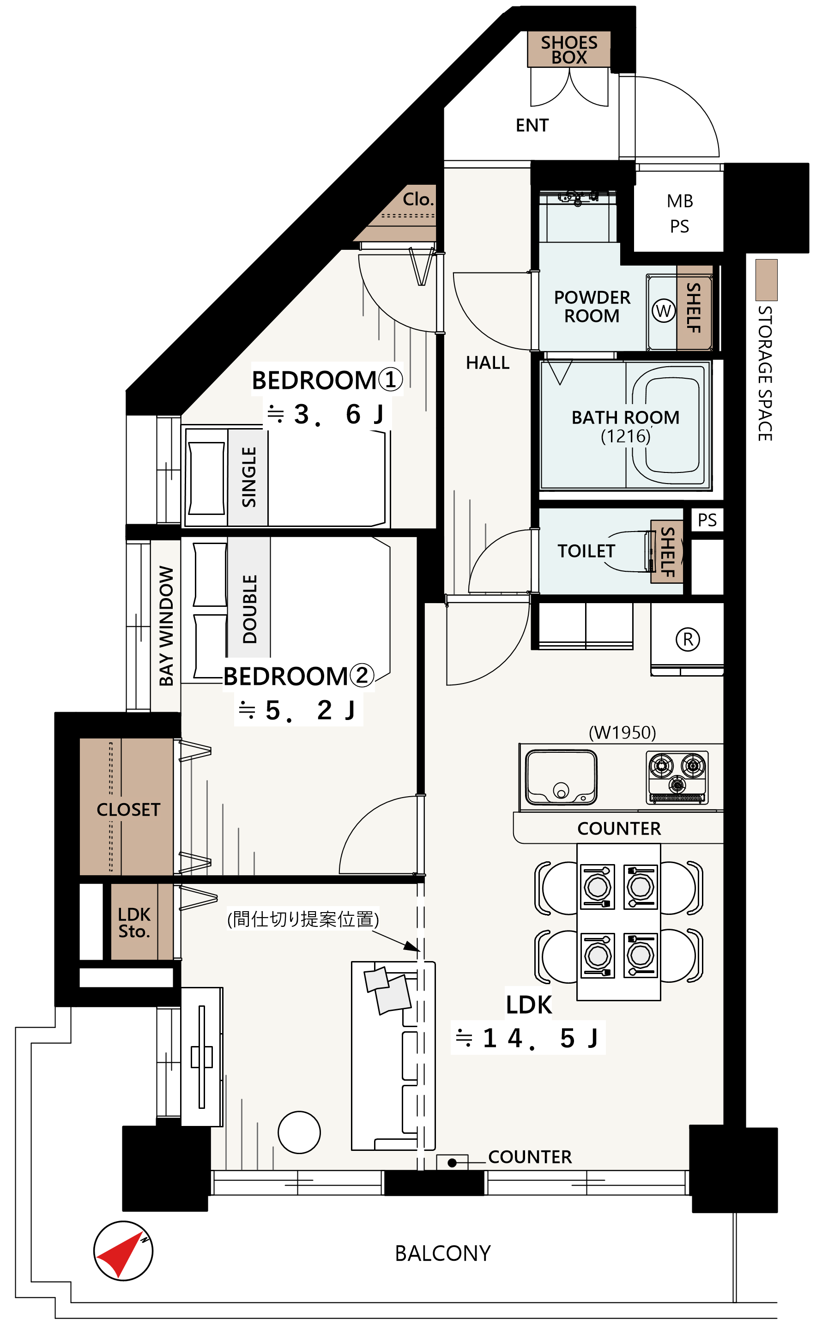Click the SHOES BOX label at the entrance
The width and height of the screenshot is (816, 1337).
568,49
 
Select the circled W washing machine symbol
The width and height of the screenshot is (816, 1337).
663,311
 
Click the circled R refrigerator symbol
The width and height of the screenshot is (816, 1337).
688,639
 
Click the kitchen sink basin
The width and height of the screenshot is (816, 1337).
561,777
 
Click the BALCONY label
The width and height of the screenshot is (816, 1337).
443,1253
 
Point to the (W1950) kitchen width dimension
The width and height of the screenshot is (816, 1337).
623,733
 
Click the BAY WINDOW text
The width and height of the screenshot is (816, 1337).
166,626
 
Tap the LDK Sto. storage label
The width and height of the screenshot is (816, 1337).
134,922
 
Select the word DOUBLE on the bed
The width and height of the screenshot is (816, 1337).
249,609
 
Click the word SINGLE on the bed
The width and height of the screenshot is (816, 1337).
248,477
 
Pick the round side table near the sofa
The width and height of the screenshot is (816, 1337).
299,1132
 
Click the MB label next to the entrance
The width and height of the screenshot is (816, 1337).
680,201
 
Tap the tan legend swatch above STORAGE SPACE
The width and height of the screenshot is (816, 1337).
766,280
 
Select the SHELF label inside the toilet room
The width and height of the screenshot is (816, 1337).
667,551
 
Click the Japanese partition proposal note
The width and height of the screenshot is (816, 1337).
303,919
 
